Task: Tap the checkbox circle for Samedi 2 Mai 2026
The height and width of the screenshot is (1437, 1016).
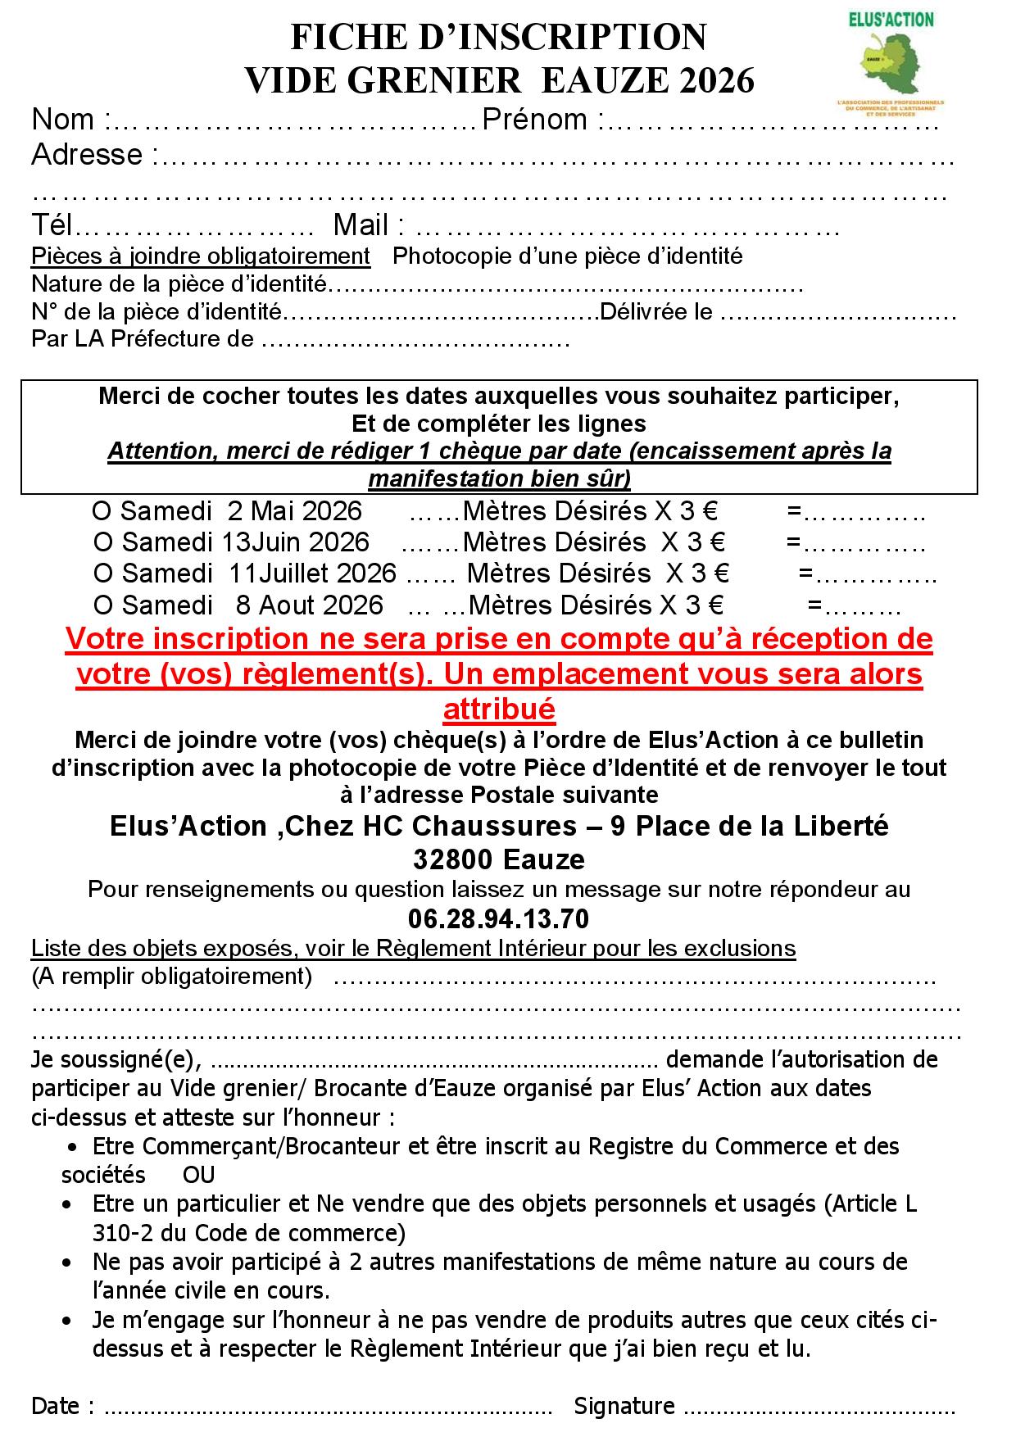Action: [101, 511]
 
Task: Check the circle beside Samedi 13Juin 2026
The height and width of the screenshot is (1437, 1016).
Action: [103, 542]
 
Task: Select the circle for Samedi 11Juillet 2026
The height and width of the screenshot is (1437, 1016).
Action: [103, 573]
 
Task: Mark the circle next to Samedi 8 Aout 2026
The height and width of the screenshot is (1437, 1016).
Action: [103, 605]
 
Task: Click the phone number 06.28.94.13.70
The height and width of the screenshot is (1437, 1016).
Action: [498, 918]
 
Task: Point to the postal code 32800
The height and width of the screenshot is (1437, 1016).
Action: [452, 859]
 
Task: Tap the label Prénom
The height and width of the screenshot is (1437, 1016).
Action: [534, 120]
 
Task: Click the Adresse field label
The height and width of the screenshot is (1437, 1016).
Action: [87, 154]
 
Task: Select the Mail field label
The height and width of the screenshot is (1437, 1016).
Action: [360, 225]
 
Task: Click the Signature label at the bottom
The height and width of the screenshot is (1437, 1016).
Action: [624, 1406]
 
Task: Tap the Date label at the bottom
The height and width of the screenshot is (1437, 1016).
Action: [56, 1406]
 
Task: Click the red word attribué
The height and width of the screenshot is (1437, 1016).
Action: [499, 709]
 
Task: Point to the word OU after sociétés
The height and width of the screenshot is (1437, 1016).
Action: [199, 1175]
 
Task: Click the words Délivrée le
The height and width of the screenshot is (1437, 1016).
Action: [656, 312]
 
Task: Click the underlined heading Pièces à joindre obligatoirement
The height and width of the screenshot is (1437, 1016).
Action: [201, 256]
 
